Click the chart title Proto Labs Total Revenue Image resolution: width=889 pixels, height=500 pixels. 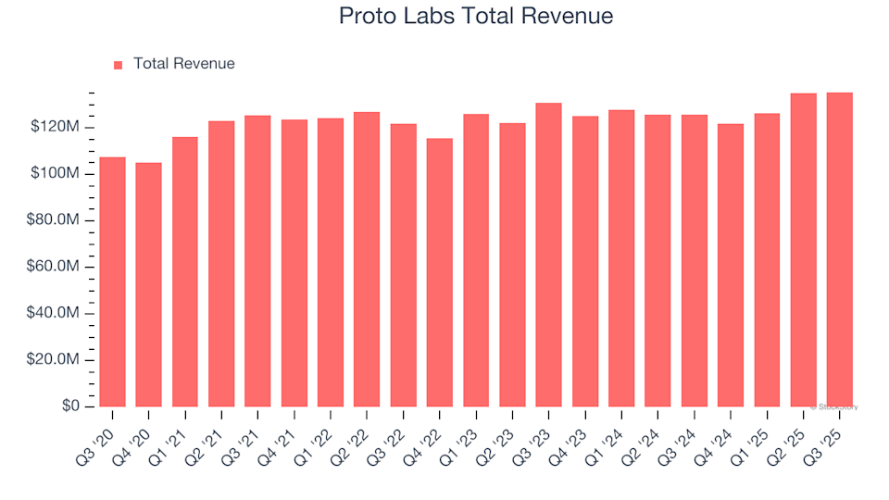click(x=476, y=17)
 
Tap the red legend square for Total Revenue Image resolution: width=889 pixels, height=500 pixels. click(x=118, y=65)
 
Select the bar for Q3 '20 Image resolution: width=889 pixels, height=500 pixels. click(x=112, y=282)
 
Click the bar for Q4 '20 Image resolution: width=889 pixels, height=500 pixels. click(x=148, y=285)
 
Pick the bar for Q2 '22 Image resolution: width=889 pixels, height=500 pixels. click(x=367, y=259)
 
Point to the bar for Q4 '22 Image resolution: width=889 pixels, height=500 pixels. click(x=440, y=273)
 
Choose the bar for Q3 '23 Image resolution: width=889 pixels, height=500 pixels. click(x=549, y=255)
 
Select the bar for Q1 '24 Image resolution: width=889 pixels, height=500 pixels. click(x=621, y=258)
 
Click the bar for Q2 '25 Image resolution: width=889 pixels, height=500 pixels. click(x=804, y=250)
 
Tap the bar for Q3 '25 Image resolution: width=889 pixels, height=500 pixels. click(x=840, y=250)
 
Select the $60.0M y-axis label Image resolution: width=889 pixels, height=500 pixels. click(x=56, y=268)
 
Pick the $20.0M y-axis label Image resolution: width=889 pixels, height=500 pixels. click(x=56, y=360)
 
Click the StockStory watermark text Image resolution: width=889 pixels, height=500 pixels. click(x=836, y=406)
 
